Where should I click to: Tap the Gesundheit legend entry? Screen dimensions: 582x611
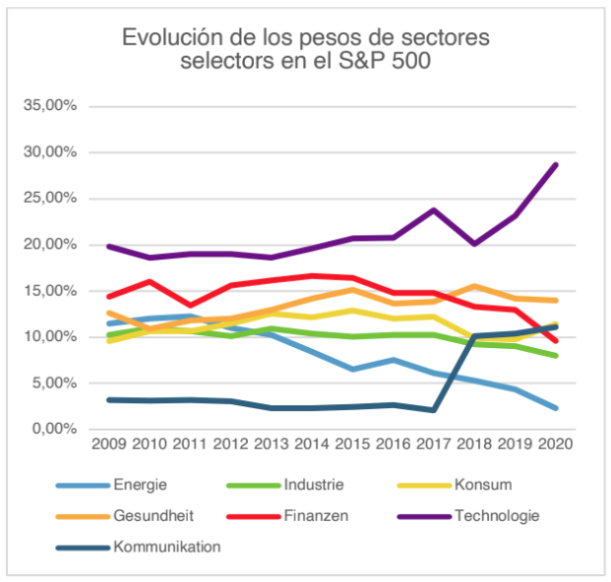coord(154,514)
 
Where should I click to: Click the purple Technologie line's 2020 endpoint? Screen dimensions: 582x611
coord(556,165)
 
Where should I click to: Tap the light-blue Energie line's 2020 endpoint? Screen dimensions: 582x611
coord(556,408)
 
